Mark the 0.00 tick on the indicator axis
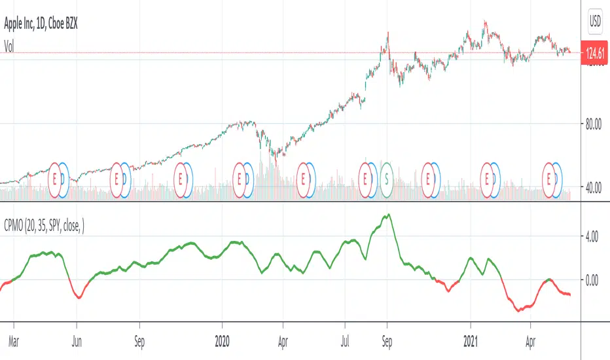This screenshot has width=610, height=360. tap(592, 279)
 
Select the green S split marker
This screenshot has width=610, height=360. tap(387, 177)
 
